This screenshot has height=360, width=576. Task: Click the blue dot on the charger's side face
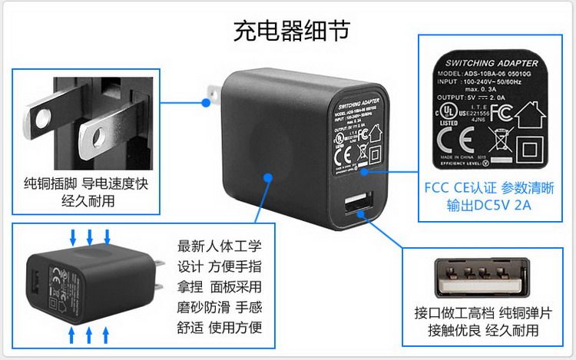coord(266,178)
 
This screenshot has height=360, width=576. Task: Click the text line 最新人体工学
coord(220,247)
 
